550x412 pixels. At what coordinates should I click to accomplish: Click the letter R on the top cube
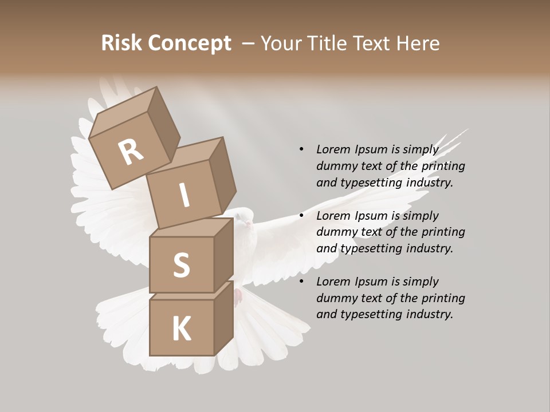131,152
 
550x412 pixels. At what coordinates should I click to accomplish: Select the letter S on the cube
182,265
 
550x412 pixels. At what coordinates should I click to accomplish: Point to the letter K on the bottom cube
181,328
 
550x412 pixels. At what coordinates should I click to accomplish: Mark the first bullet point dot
301,150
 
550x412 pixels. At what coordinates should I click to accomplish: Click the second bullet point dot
301,216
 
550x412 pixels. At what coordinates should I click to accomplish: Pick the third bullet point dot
301,282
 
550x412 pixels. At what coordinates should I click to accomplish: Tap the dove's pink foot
238,296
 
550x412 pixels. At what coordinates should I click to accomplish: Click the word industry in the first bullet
429,183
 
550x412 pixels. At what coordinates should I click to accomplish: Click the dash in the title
249,43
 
